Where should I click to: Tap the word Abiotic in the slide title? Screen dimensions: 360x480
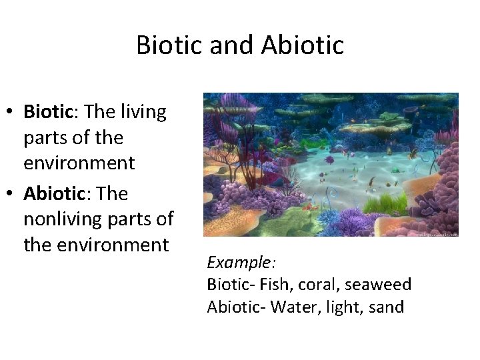coord(303,45)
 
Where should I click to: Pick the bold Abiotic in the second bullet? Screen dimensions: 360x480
coord(55,193)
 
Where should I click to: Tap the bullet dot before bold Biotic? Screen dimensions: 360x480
coord(13,112)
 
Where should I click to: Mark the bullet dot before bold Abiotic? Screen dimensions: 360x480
coord(13,194)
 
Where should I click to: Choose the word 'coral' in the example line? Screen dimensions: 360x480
coord(313,285)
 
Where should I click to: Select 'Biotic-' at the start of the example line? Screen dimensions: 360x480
coord(230,285)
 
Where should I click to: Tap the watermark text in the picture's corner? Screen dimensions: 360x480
coord(437,233)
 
